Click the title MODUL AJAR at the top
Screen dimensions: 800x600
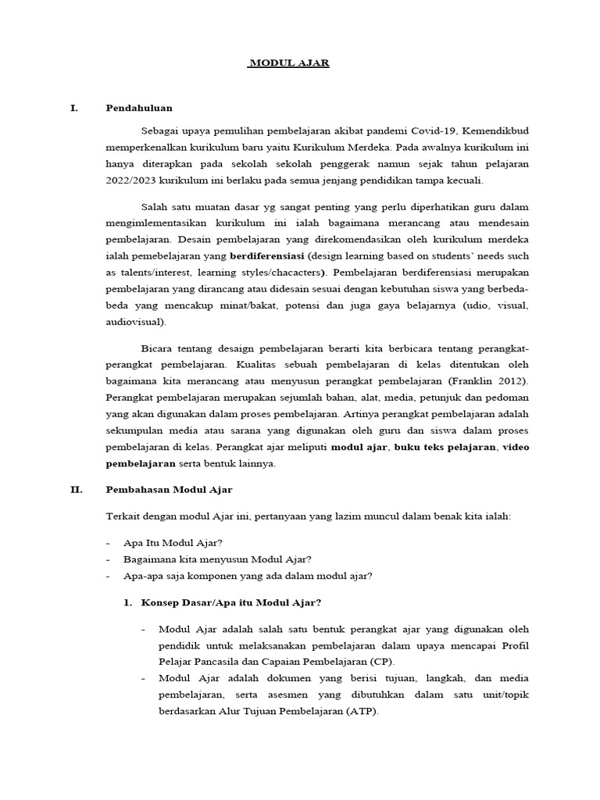pyautogui.click(x=288, y=63)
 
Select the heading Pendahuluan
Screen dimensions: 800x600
pyautogui.click(x=139, y=108)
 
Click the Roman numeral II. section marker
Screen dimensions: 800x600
pyautogui.click(x=76, y=490)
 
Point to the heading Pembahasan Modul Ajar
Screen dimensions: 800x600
pyautogui.click(x=169, y=490)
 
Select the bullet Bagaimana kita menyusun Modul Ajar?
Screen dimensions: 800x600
pyautogui.click(x=217, y=559)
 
